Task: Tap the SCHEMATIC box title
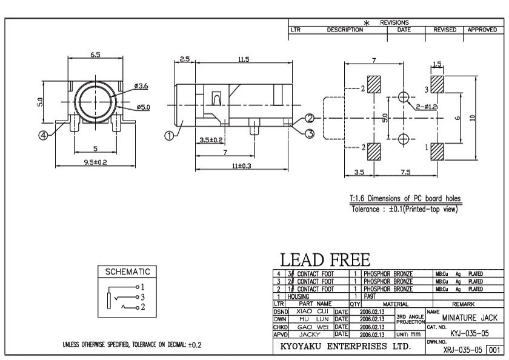click(x=127, y=272)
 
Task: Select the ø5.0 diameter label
click(x=143, y=107)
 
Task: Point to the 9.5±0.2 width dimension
click(x=96, y=162)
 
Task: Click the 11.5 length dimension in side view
click(x=243, y=59)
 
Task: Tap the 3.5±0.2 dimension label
click(x=211, y=140)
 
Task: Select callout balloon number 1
click(x=170, y=135)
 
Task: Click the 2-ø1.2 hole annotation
click(x=427, y=107)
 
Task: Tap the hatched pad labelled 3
click(x=438, y=82)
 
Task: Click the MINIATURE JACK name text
click(x=470, y=317)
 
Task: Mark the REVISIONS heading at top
click(x=394, y=22)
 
